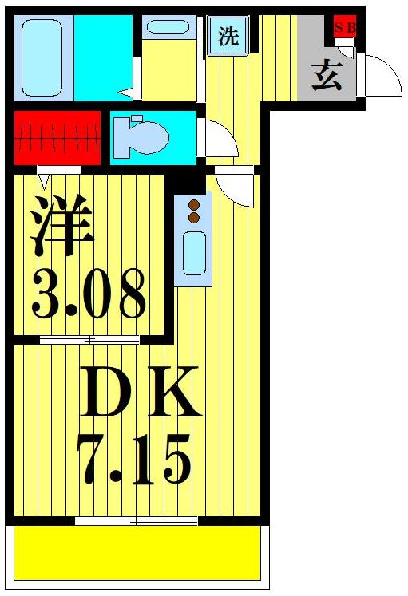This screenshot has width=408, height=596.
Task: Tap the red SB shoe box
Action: pyautogui.click(x=345, y=26)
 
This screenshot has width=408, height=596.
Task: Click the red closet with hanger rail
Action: pyautogui.click(x=57, y=136)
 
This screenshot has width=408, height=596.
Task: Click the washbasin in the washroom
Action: pyautogui.click(x=168, y=28)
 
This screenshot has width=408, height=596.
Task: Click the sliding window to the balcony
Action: pyautogui.click(x=137, y=521)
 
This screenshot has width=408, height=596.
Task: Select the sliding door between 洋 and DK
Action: pyautogui.click(x=89, y=340)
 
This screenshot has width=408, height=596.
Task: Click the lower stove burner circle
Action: pyautogui.click(x=193, y=217)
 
